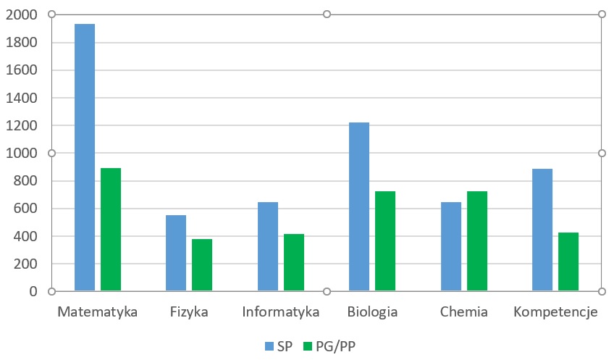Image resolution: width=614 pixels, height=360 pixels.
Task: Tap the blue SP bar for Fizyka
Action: click(x=176, y=253)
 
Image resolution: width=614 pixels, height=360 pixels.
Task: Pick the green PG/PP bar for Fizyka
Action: click(x=202, y=265)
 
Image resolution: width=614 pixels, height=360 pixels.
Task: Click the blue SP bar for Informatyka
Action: click(x=268, y=246)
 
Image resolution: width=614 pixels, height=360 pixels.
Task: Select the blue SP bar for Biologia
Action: click(x=359, y=206)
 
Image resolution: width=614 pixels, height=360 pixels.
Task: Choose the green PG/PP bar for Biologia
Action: click(x=385, y=241)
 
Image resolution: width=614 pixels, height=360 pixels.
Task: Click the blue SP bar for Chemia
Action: click(x=451, y=246)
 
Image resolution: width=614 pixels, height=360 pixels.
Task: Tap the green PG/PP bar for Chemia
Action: click(x=477, y=241)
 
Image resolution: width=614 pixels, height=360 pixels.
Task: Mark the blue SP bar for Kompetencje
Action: click(x=542, y=230)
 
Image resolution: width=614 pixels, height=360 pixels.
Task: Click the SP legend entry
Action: click(x=279, y=346)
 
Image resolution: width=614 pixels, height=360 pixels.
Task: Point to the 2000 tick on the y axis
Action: click(x=21, y=15)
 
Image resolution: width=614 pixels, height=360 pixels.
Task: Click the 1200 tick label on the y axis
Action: click(x=21, y=126)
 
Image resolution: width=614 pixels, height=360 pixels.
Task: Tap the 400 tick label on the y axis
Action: click(x=25, y=236)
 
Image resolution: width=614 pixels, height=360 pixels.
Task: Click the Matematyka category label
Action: click(x=97, y=313)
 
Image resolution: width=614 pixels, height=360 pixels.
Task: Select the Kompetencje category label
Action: click(x=555, y=313)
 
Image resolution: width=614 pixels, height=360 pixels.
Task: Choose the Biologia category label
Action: click(x=372, y=313)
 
